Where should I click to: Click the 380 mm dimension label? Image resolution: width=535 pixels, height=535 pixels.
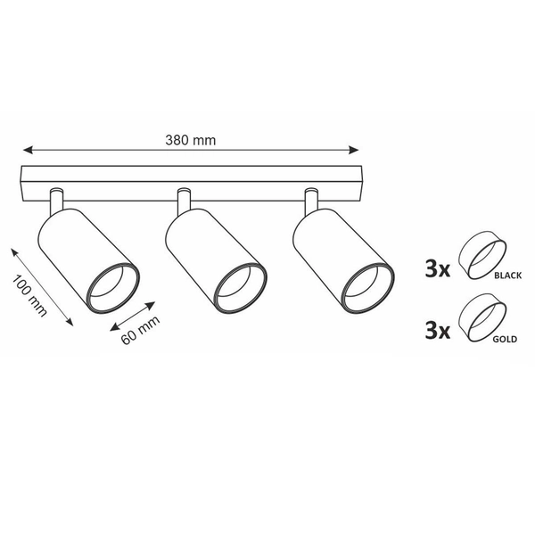click(191, 140)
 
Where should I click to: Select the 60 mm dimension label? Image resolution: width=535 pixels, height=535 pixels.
click(141, 330)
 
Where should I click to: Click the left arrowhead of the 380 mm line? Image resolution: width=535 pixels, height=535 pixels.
click(28, 150)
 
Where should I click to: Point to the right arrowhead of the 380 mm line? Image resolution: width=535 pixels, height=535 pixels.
click(354, 150)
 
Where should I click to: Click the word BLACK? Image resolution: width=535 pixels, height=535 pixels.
click(507, 276)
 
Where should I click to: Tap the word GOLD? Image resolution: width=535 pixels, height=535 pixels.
click(505, 339)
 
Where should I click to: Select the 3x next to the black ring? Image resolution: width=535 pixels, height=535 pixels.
click(438, 268)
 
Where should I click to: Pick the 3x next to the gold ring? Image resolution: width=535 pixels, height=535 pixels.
click(438, 331)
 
